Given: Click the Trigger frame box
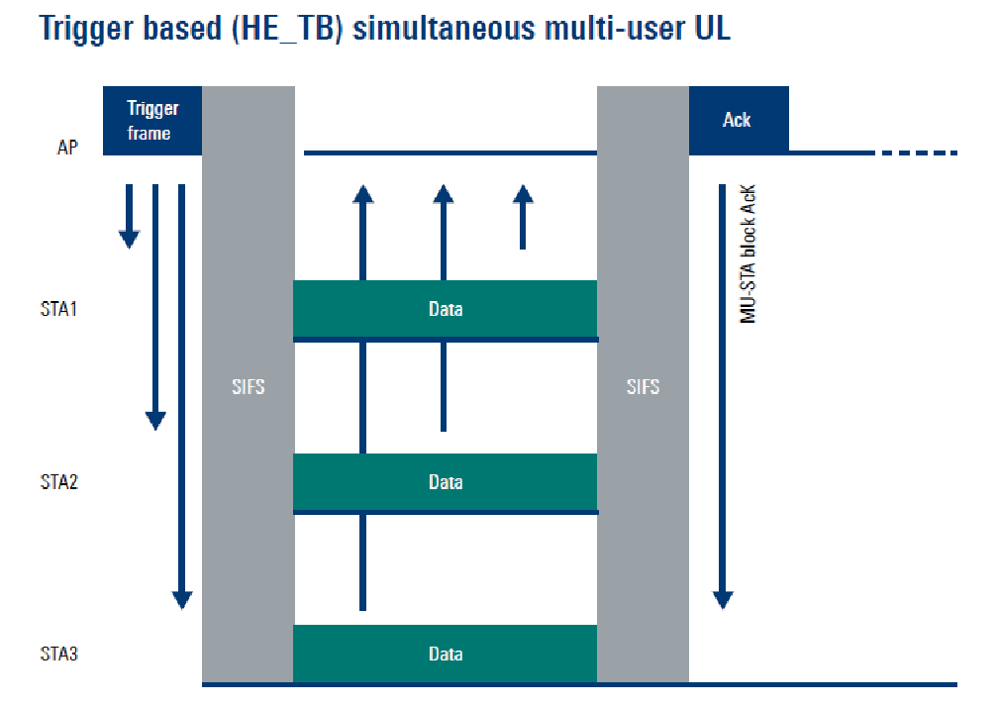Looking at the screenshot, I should click(152, 120).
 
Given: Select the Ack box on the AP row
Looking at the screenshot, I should click(738, 120).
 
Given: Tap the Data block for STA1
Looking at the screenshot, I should click(445, 309).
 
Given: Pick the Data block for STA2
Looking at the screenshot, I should click(445, 482).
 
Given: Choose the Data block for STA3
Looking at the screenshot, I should click(445, 654).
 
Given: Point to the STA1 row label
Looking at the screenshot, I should click(58, 309).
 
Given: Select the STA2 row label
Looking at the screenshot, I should click(59, 482).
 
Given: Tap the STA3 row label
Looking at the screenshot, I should click(59, 654).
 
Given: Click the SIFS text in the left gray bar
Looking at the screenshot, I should click(248, 387).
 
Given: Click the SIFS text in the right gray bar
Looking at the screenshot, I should click(643, 387).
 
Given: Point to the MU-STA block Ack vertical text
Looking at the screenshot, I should click(748, 253).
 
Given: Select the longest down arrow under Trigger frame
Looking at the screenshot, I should click(181, 396).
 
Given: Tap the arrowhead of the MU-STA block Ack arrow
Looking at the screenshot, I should click(723, 598).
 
